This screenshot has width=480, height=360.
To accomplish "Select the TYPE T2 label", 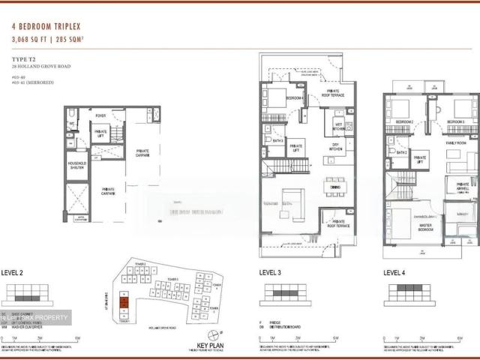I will tap(25, 58).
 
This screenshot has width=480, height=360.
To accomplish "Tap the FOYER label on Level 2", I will tap(100, 115).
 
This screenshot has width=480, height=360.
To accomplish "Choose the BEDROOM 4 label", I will tap(296, 98).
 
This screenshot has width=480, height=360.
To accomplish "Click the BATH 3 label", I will tap(277, 140).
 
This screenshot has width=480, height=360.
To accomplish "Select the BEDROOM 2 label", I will tap(405, 121).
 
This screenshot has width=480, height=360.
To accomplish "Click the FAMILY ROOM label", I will tap(456, 142).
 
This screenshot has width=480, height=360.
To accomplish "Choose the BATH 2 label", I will tap(402, 152).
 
